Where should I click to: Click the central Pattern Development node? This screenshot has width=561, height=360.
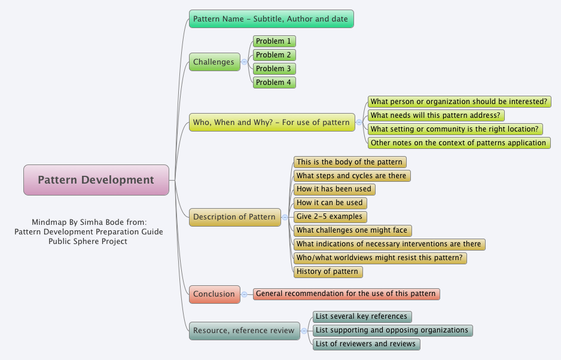click(x=96, y=180)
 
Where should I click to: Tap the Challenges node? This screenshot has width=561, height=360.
click(x=214, y=62)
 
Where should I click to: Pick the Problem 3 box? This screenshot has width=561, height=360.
click(x=274, y=69)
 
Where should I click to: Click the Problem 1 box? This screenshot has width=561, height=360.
click(x=274, y=41)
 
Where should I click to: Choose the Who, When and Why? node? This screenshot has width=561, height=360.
click(x=272, y=123)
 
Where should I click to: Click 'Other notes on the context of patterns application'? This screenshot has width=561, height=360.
click(x=458, y=143)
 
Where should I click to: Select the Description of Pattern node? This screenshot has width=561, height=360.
click(x=235, y=217)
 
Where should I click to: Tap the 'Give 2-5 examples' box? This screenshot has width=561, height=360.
click(x=330, y=216)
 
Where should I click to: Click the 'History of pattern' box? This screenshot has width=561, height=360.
click(x=328, y=271)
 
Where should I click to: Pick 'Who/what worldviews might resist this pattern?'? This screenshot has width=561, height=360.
click(x=380, y=258)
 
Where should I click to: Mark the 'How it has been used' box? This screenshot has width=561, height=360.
click(x=334, y=189)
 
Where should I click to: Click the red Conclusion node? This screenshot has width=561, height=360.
click(x=214, y=294)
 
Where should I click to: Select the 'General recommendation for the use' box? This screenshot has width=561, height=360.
click(x=346, y=294)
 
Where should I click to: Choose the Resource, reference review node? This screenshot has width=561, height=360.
click(x=244, y=330)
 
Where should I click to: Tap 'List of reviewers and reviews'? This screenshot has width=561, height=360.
click(x=365, y=344)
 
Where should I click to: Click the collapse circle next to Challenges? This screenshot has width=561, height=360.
click(x=245, y=62)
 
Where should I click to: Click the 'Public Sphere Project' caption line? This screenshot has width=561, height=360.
click(x=89, y=242)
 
